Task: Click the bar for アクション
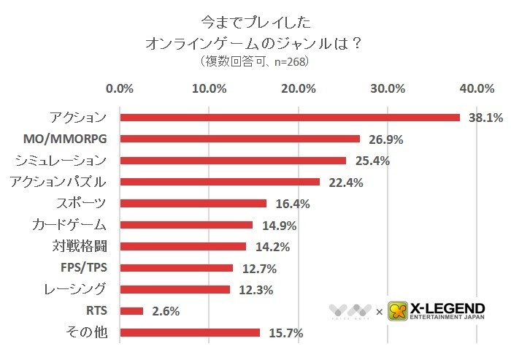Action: pos(290,117)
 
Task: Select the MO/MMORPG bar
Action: pos(240,139)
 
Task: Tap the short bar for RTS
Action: pos(131,311)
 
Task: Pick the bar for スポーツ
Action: pos(193,203)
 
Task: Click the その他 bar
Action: pos(190,333)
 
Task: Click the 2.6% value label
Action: pos(166,312)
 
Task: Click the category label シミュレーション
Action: pos(61,160)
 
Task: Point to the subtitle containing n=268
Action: pos(254,62)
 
